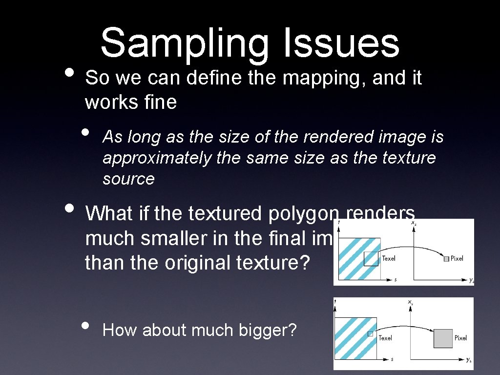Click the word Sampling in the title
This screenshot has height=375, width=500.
(x=184, y=43)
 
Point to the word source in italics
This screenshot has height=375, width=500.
(x=128, y=179)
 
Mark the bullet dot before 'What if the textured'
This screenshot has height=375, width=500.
(x=70, y=208)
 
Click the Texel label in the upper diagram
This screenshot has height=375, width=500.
(x=389, y=258)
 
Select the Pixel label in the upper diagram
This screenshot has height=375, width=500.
(x=457, y=258)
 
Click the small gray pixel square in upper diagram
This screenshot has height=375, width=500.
(x=446, y=259)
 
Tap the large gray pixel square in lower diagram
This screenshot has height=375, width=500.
(x=443, y=338)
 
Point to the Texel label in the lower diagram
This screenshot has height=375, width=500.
(x=385, y=338)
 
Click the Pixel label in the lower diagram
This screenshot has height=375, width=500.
(x=460, y=338)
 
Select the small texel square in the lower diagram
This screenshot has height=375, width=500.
(x=370, y=334)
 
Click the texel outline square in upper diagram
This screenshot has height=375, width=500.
(x=371, y=258)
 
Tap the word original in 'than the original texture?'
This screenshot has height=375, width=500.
(x=195, y=263)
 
